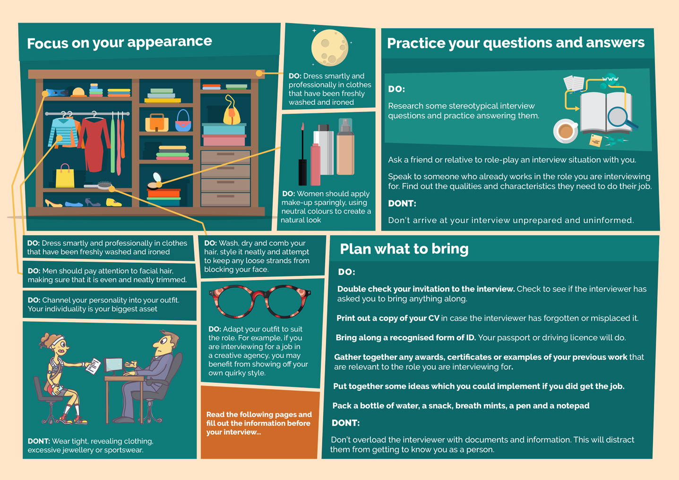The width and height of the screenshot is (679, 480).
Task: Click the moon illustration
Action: (x=330, y=48)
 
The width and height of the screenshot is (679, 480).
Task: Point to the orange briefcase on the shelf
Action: (x=157, y=123)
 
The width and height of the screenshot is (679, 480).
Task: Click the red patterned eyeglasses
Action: (x=259, y=301)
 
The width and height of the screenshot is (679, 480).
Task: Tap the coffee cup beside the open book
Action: (x=566, y=131)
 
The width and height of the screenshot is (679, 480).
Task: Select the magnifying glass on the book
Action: (x=621, y=118)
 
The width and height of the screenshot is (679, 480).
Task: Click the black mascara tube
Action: (x=302, y=154)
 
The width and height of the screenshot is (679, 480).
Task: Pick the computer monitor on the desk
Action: (x=114, y=366)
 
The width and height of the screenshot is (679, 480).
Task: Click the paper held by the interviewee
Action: (x=93, y=366)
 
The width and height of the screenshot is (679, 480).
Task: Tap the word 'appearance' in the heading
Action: (x=170, y=42)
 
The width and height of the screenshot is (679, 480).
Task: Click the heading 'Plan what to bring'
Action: (x=404, y=249)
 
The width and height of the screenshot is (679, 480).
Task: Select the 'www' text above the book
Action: (x=610, y=79)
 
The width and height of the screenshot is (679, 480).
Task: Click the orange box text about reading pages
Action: (x=259, y=423)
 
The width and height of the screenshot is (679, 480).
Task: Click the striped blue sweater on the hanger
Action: (x=63, y=132)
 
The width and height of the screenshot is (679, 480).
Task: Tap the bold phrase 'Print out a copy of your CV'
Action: (x=388, y=318)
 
